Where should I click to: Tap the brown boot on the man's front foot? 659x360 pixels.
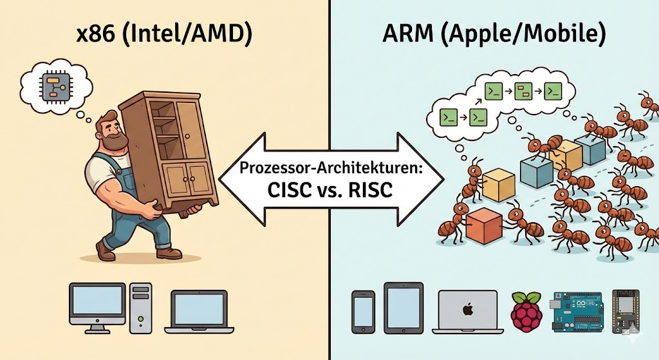coord(169,252)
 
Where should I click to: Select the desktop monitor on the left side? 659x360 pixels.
coord(98,307)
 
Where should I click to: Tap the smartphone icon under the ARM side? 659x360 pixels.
coord(364,310)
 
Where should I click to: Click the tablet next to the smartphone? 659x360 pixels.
coord(403,308)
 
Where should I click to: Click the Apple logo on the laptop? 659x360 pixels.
coord(467,310)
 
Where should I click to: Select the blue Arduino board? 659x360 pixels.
coord(575,312)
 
